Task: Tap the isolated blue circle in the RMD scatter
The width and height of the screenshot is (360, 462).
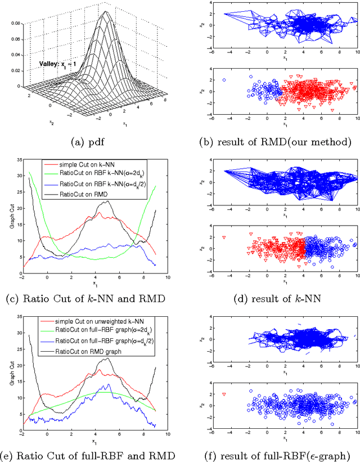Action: point(224,80)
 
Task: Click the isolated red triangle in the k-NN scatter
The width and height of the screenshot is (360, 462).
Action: point(224,237)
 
